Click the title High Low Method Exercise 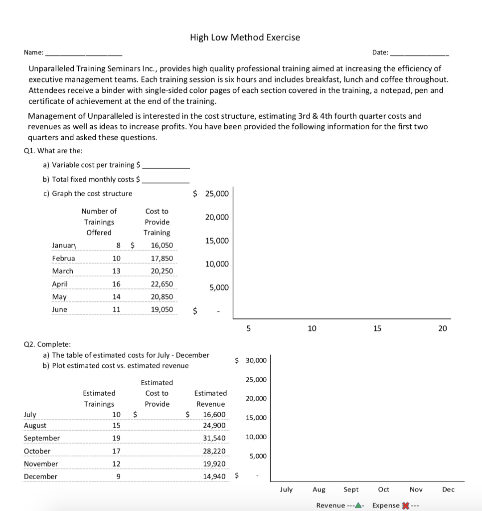(245, 37)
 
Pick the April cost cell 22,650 (162, 284)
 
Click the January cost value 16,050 (162, 245)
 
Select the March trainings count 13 (116, 271)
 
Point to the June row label (59, 309)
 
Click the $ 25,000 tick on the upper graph (211, 194)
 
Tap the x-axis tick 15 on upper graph (377, 328)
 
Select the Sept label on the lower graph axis (351, 490)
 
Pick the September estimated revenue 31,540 (214, 438)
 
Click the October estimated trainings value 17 (116, 451)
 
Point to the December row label (40, 477)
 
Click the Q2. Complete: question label (47, 344)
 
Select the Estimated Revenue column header (210, 398)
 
